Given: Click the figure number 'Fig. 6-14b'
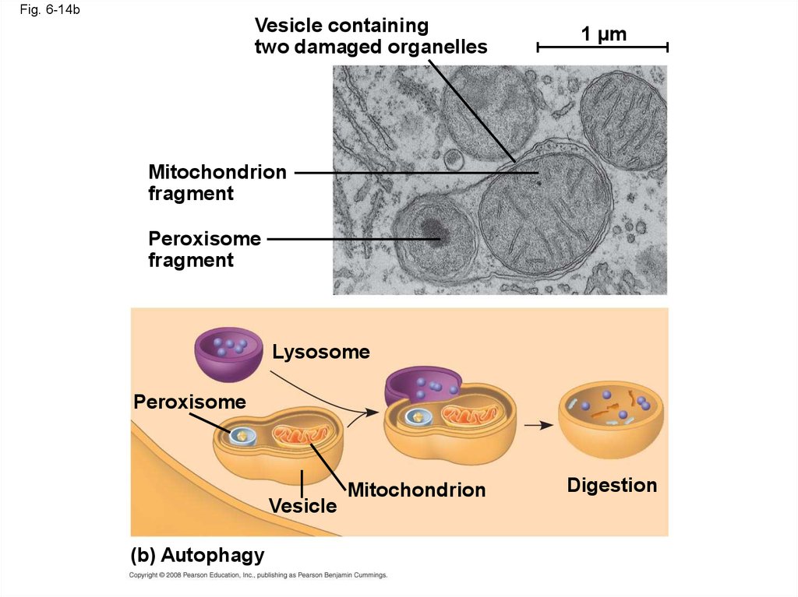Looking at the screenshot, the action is click(x=50, y=9).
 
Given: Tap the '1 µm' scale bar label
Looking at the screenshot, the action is click(x=604, y=34).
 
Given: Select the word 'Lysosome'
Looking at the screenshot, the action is click(x=321, y=352).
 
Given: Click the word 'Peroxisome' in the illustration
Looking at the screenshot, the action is click(x=190, y=402).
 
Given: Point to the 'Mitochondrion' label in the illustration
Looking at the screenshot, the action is click(x=417, y=490).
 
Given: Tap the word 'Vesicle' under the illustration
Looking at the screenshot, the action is click(x=303, y=506).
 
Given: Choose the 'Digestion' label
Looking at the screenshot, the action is click(x=613, y=485).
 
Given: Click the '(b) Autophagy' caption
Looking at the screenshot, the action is click(x=197, y=555).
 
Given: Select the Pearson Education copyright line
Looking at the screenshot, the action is click(x=258, y=575).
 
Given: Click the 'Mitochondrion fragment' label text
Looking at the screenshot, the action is click(x=217, y=183).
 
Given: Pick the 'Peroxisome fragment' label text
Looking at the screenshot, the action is click(x=205, y=249).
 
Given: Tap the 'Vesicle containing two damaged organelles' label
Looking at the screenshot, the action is click(x=371, y=36).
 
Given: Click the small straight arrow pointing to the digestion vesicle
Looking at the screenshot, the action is click(x=538, y=425).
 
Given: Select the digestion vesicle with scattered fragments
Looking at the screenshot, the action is click(x=611, y=420).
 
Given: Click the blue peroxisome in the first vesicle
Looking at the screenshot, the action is click(x=244, y=435).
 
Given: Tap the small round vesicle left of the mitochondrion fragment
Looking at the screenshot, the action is click(x=454, y=159).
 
